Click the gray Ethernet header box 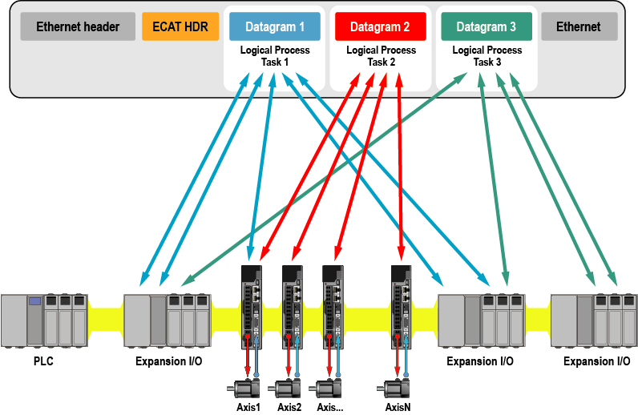(77, 27)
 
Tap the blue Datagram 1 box (274, 27)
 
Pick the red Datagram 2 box (380, 27)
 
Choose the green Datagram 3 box (487, 27)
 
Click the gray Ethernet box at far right (578, 27)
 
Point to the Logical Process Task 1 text (274, 56)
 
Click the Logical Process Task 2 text (381, 56)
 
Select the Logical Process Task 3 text (487, 56)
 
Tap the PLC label (44, 361)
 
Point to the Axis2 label (289, 407)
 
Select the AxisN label (398, 407)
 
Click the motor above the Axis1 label (246, 389)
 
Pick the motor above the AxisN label (395, 389)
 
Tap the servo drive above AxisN (401, 305)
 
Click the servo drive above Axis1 (252, 305)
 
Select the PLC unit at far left (44, 319)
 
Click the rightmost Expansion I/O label (596, 361)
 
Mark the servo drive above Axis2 (292, 305)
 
